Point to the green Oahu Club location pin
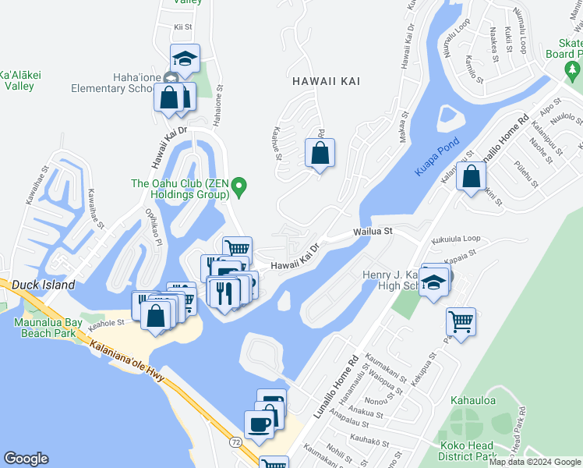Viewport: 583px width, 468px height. pos(240,185)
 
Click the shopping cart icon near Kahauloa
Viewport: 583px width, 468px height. pos(461,321)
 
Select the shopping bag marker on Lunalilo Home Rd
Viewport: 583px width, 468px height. pos(471,176)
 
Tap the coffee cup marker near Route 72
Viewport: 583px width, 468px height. pos(259,425)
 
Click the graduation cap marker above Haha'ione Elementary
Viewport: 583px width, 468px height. pos(185,58)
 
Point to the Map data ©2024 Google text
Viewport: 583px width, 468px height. pos(534,462)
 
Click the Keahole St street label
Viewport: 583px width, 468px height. pos(106,321)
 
